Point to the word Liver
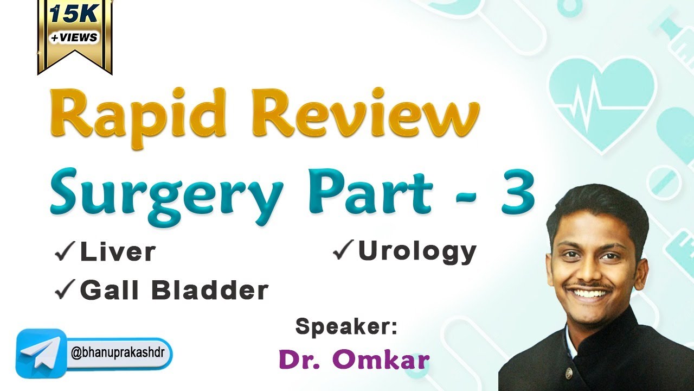118,253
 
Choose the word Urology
417,251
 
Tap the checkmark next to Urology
343,251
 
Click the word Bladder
210,291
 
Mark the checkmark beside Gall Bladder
65,292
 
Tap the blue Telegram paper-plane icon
40,353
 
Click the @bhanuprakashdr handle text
120,354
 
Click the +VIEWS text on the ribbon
75,37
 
